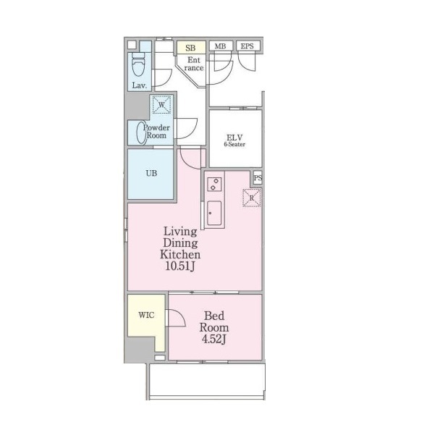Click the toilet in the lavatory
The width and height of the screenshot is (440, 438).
click(138, 64)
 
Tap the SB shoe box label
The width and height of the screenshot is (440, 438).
click(190, 48)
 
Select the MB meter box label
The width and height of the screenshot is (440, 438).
click(220, 46)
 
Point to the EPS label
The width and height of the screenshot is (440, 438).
click(247, 46)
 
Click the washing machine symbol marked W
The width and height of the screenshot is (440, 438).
click(161, 105)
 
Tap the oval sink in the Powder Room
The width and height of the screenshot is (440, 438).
click(141, 132)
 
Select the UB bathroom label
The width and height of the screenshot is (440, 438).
click(151, 173)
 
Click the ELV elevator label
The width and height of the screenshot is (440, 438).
click(234, 138)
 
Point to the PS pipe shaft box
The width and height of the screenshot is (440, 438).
click(258, 177)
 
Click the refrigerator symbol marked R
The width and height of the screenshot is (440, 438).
click(252, 198)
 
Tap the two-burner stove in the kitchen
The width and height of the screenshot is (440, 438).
click(214, 185)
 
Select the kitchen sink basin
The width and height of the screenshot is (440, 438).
click(214, 213)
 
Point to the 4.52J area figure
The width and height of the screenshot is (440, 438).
click(213, 339)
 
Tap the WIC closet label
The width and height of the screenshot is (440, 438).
click(146, 315)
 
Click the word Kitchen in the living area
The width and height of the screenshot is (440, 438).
click(180, 254)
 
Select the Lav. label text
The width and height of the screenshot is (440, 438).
click(140, 85)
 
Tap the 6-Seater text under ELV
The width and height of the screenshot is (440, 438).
click(234, 144)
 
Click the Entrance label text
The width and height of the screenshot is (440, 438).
click(194, 64)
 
